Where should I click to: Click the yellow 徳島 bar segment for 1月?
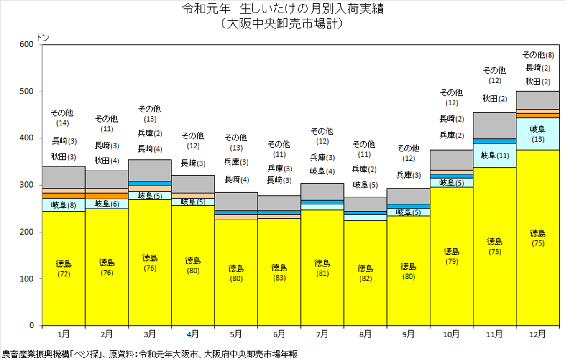point(64,268)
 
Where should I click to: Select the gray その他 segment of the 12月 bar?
point(538,100)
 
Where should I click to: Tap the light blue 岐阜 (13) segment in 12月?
point(538,134)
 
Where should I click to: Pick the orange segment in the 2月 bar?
point(107,196)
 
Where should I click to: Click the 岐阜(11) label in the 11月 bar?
point(495,156)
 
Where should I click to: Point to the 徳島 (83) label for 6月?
point(279,273)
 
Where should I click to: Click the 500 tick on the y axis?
point(26,91)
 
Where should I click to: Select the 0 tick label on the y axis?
point(31,325)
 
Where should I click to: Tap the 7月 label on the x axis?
point(322,334)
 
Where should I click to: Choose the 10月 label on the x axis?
point(451,334)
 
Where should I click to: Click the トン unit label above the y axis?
point(43,38)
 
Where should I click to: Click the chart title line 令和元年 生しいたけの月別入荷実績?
point(283,9)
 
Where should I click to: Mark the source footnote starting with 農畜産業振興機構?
point(150,354)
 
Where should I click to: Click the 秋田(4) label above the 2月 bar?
point(107,161)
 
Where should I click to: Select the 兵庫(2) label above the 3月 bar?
point(150,133)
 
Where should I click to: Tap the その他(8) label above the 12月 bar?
point(538,55)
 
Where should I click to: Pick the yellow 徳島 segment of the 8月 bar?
point(365,273)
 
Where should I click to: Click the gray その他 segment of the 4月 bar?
point(193,184)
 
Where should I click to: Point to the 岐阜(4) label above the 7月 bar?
point(322,171)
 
